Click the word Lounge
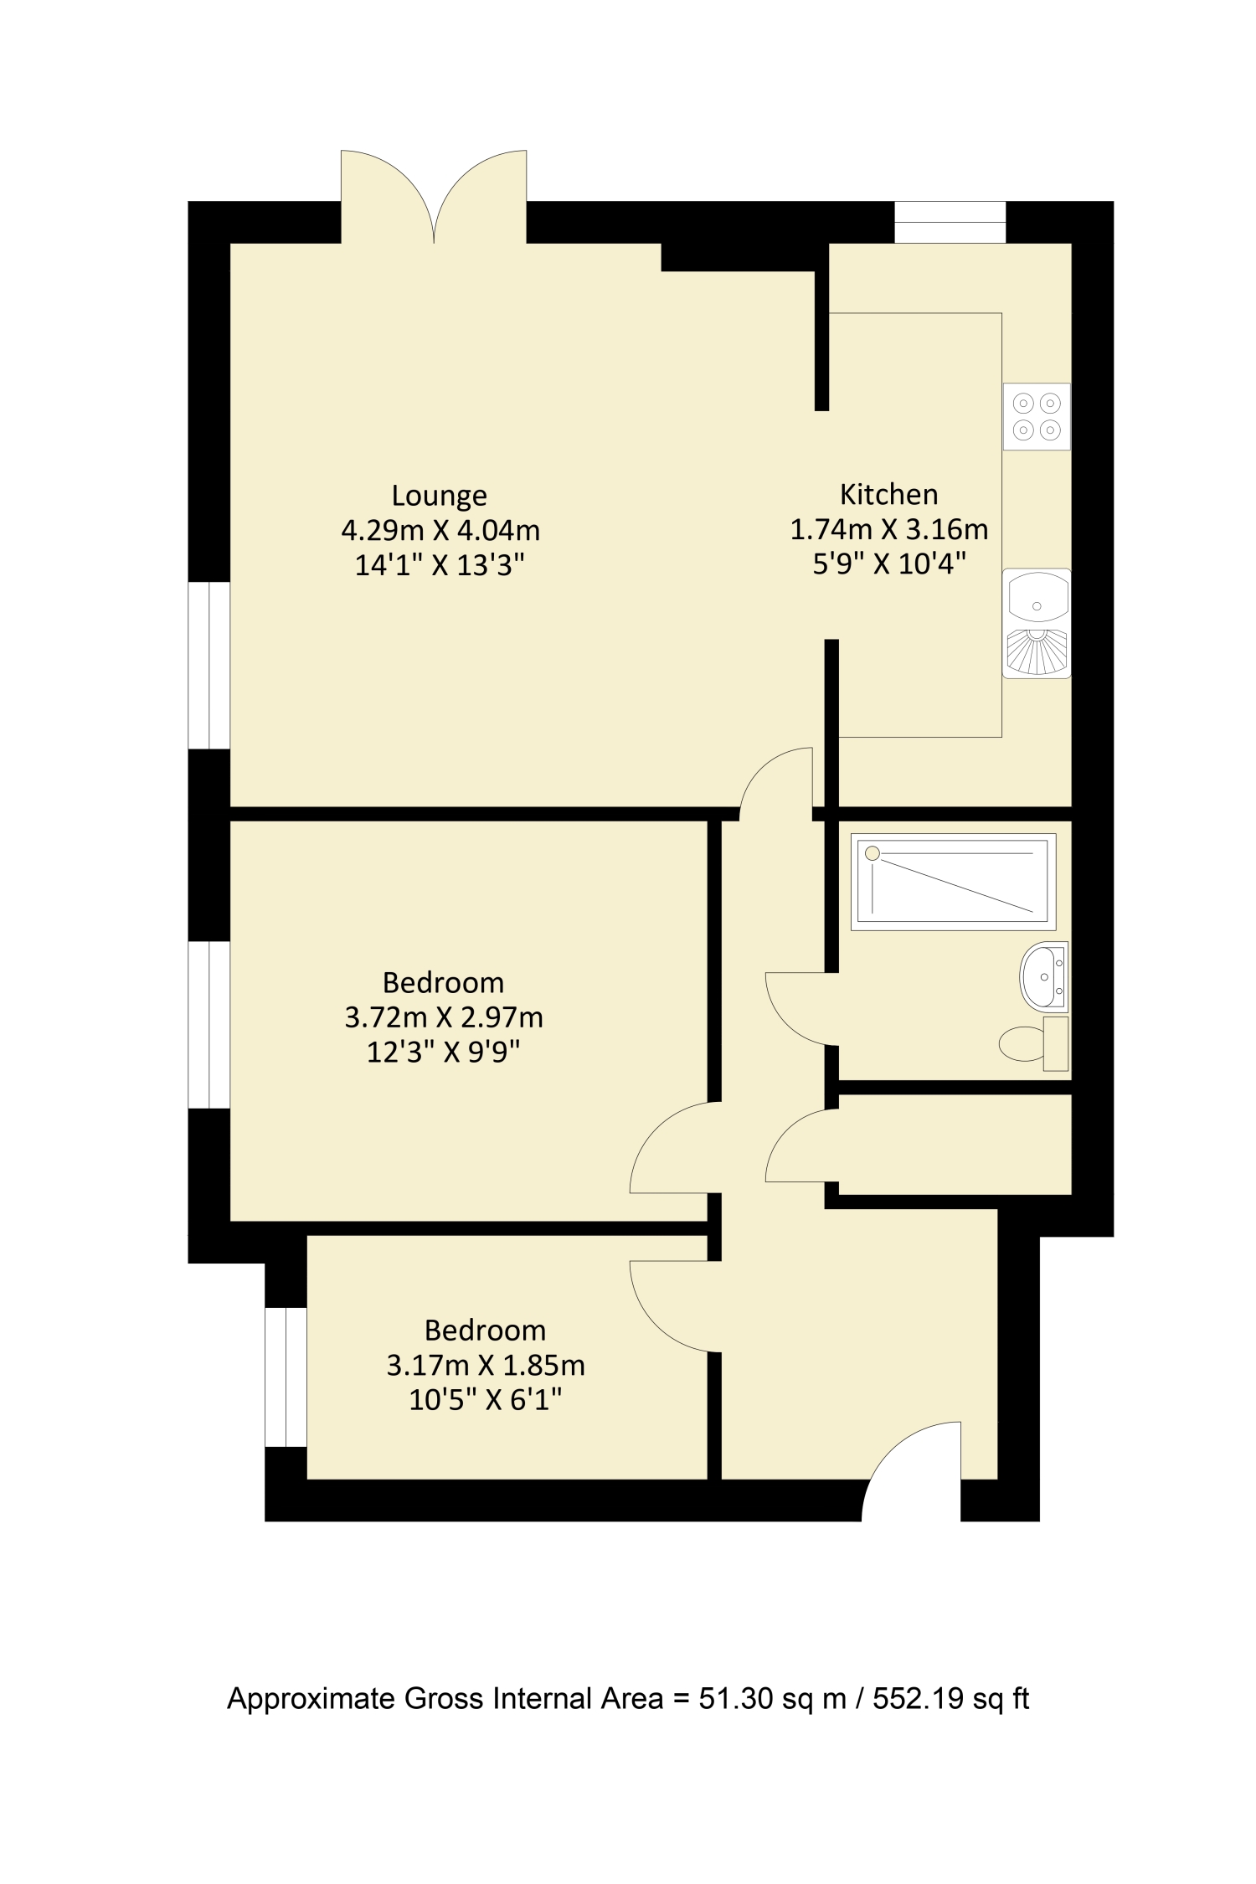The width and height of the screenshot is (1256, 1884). pos(439,496)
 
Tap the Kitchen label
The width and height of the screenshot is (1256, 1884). pos(888,494)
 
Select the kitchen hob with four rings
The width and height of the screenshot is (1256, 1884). pos(1037,416)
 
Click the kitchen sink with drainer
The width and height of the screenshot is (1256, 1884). pos(1037,623)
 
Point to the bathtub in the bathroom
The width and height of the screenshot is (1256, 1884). pos(953,882)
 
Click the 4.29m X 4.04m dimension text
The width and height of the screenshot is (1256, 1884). pos(440,530)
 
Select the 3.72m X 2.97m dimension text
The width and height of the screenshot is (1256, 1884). pos(443,1017)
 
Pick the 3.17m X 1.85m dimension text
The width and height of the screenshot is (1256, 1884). pos(485,1365)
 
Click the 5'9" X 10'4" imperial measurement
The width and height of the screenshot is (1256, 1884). pos(888,564)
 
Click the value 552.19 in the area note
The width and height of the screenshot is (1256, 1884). pos(919,1699)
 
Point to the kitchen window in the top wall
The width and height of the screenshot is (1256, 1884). pos(950,222)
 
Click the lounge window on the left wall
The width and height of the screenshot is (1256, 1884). pos(208,665)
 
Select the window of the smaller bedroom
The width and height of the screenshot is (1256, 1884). pos(286,1377)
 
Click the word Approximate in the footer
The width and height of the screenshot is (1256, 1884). pos(312,1700)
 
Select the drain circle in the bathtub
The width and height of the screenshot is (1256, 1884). pos(873,853)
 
